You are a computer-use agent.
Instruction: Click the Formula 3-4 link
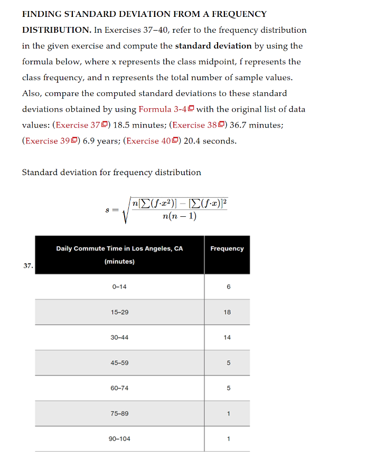pyautogui.click(x=163, y=109)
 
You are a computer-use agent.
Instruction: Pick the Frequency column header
pyautogui.click(x=227, y=248)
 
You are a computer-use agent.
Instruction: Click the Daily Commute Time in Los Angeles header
pyautogui.click(x=119, y=248)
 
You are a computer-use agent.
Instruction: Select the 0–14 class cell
pyautogui.click(x=119, y=287)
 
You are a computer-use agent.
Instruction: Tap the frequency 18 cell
pyautogui.click(x=227, y=312)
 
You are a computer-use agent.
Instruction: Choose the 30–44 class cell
pyautogui.click(x=119, y=338)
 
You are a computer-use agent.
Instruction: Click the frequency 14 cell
pyautogui.click(x=227, y=338)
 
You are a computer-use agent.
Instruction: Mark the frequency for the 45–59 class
pyautogui.click(x=227, y=363)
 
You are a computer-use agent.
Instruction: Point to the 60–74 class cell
pyautogui.click(x=119, y=388)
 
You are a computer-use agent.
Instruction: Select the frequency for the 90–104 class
pyautogui.click(x=227, y=439)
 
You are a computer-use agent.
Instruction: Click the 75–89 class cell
pyautogui.click(x=119, y=414)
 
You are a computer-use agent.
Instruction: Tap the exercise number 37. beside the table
pyautogui.click(x=28, y=266)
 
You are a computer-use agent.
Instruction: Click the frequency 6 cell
pyautogui.click(x=227, y=287)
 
